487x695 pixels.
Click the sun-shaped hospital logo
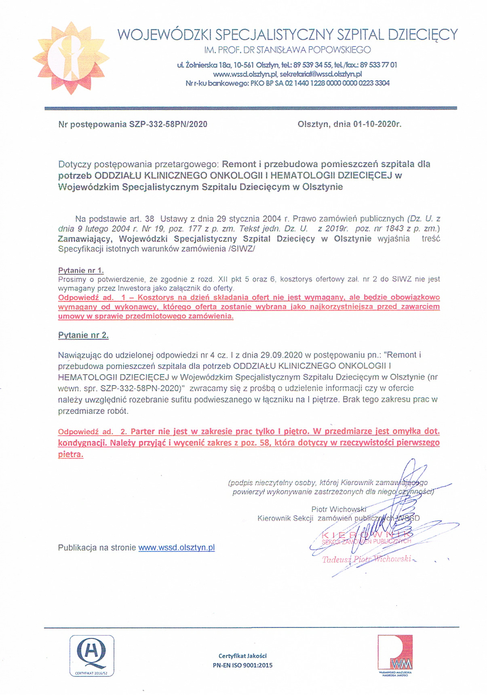(71, 58)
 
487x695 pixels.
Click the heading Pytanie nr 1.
(81, 271)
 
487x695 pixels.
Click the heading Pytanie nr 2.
(83, 335)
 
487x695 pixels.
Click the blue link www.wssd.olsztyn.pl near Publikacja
(177, 548)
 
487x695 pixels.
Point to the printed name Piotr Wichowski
(339, 509)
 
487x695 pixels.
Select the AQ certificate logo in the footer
(92, 656)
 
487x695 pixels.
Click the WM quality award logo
(395, 655)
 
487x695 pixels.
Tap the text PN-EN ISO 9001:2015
(242, 665)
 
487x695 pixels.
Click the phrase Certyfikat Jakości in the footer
(242, 656)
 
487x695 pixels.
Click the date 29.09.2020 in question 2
(281, 355)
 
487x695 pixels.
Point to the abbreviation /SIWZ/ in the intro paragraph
(242, 249)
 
